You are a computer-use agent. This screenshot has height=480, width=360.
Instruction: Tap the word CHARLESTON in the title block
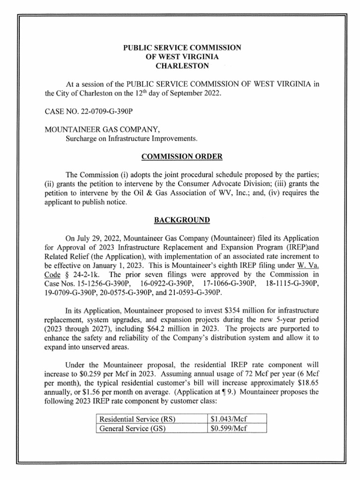[182, 66]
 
